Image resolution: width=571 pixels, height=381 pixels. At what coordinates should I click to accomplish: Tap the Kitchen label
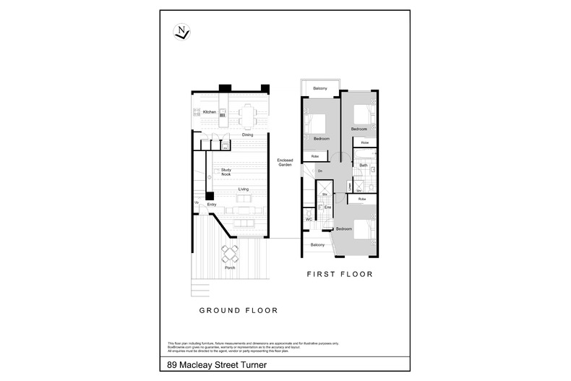pos(210,112)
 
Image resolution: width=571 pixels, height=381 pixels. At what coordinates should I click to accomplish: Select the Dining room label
pos(247,135)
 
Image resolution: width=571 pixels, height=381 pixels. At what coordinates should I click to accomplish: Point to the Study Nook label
pos(226,172)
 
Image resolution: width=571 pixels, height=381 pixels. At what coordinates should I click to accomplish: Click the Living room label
pos(244,189)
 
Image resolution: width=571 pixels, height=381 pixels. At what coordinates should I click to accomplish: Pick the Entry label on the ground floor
pos(212,205)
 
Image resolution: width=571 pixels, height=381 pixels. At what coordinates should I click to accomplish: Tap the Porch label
pos(230,267)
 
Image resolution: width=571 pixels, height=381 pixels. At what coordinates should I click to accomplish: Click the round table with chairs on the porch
pos(230,253)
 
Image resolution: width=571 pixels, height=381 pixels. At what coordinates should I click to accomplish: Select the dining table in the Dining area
pos(248,114)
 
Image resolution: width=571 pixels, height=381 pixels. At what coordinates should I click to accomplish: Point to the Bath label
pos(364,166)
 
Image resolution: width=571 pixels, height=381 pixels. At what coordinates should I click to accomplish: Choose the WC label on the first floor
pos(309,219)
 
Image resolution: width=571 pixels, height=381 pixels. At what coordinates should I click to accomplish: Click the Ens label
pos(327,207)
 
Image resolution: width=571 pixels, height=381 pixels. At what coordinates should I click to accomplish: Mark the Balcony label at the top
pos(321,88)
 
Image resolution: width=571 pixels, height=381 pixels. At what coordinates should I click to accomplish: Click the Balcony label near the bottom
pos(317,245)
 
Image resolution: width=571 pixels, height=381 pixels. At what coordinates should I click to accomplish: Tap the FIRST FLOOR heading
pos(339,274)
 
